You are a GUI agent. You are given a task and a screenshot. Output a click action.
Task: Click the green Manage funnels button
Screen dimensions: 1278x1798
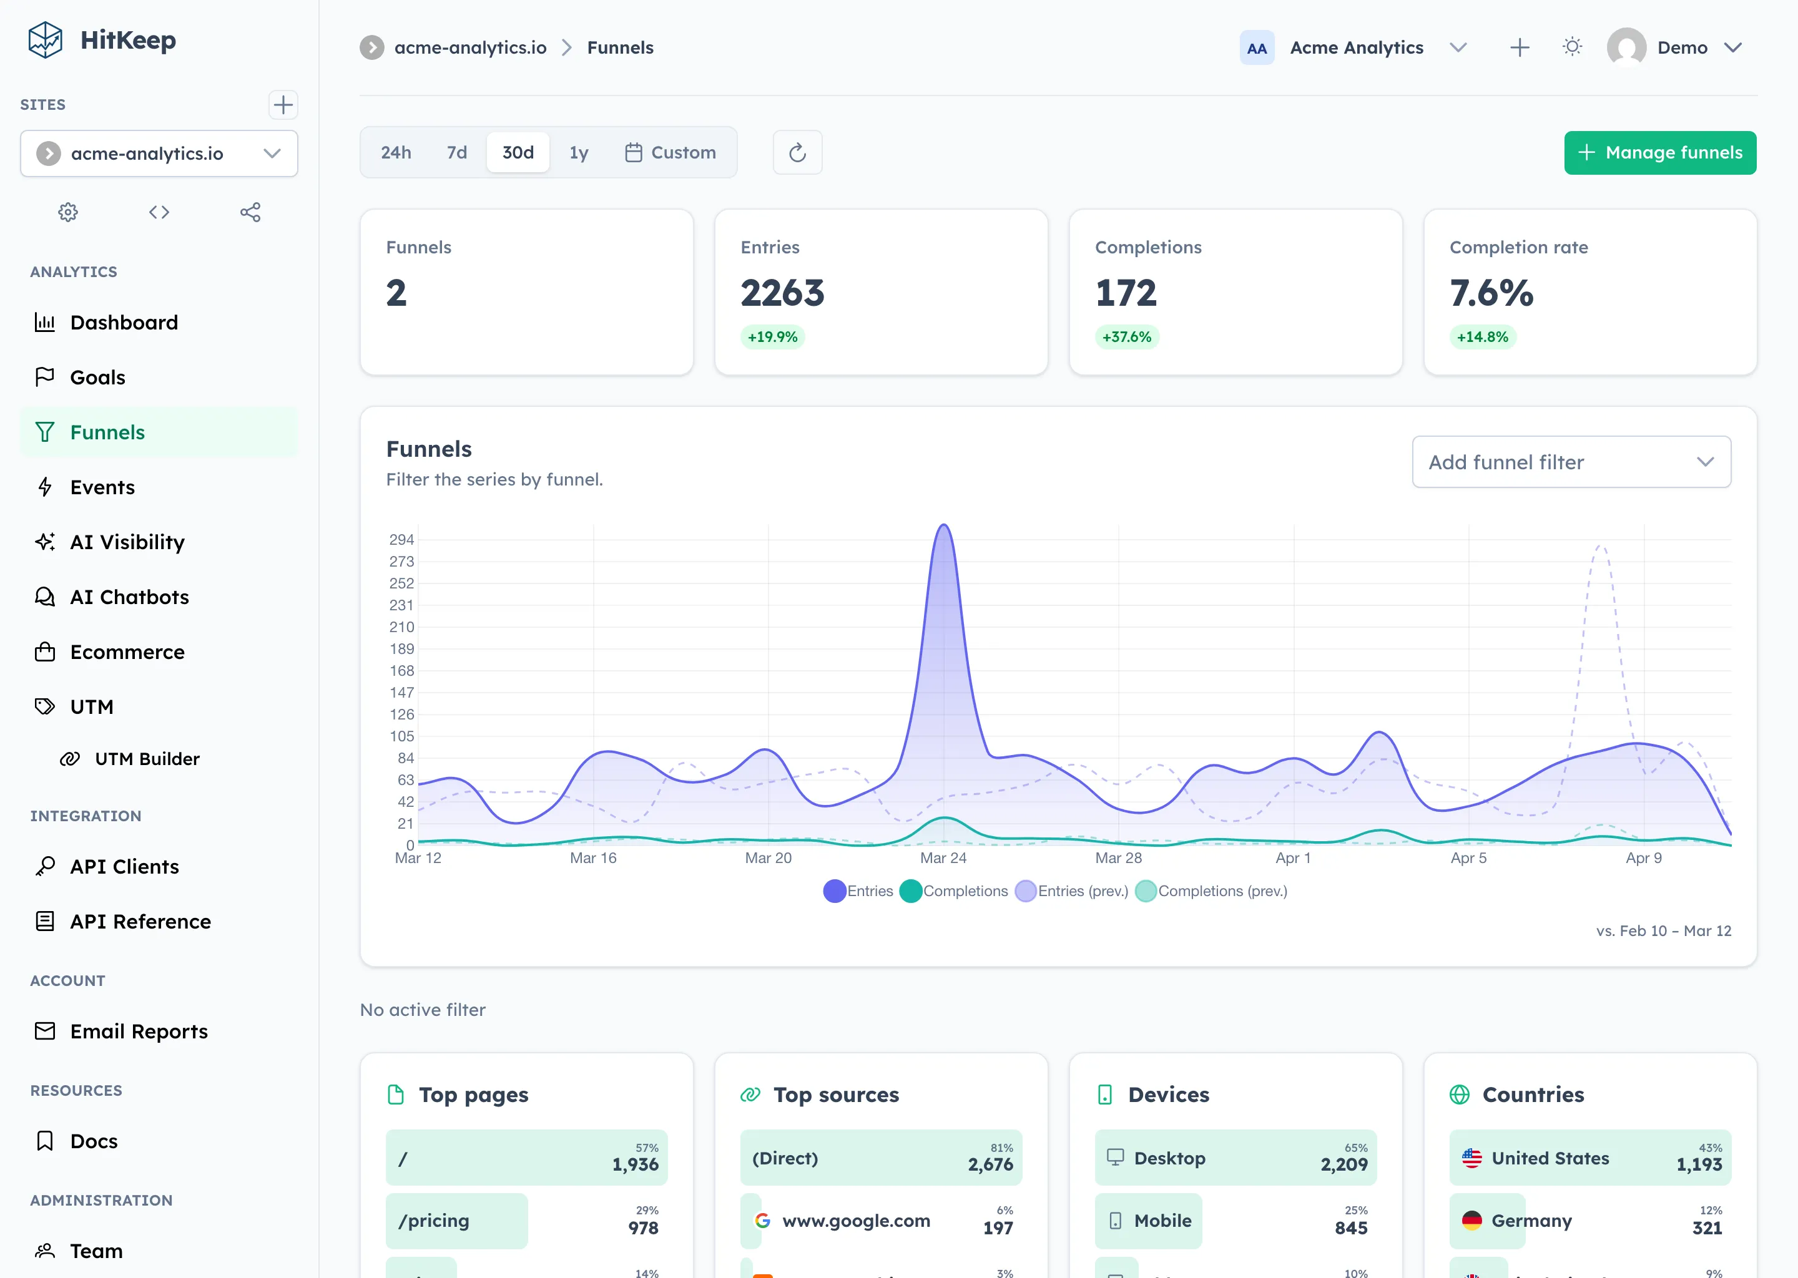click(1659, 153)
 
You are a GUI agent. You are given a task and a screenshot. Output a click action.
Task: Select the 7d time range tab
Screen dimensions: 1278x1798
click(456, 153)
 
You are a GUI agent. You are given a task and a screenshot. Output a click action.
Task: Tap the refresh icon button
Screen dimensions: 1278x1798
click(797, 153)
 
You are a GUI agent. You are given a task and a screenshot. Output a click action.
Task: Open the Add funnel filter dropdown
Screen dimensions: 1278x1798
click(1571, 462)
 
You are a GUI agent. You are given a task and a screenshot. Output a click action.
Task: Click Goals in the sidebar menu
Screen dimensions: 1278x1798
click(97, 378)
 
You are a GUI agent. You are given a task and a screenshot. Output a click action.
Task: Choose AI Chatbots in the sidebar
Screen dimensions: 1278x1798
click(129, 597)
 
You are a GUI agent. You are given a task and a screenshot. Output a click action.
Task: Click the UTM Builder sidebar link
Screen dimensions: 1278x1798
click(147, 759)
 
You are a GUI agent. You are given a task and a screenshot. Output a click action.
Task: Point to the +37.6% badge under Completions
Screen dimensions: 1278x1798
click(1126, 337)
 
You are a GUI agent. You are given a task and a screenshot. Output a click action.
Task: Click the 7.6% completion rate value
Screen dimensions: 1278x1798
click(1491, 293)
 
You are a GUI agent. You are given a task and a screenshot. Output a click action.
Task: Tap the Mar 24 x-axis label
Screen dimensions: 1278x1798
click(943, 858)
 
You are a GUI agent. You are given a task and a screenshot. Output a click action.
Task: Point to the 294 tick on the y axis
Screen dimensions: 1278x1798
click(401, 540)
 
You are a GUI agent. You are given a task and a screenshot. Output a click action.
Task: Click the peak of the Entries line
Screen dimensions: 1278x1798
click(943, 525)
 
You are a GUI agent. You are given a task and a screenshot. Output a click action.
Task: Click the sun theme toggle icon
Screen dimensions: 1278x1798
click(1571, 47)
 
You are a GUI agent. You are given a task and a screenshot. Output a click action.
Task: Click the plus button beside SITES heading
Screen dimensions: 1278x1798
click(283, 105)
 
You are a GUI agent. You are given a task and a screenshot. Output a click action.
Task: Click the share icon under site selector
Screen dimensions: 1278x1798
click(250, 212)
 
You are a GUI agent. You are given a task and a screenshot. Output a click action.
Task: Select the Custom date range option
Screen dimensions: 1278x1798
click(671, 153)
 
